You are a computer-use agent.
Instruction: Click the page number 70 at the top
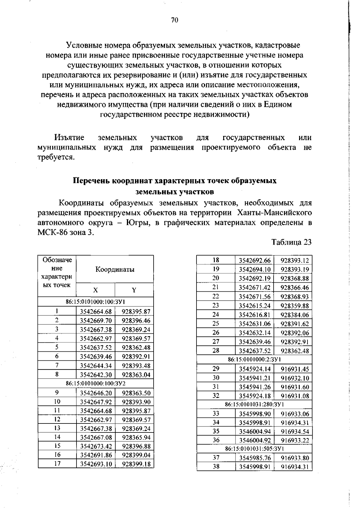(x=175, y=20)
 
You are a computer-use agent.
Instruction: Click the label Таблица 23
(x=292, y=242)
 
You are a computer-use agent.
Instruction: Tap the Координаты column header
(x=115, y=269)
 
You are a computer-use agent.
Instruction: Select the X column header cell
(x=95, y=290)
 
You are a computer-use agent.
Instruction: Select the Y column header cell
(x=134, y=290)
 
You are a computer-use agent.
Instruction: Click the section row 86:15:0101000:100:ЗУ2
(x=95, y=384)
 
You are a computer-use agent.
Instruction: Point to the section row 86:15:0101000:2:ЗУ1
(x=254, y=359)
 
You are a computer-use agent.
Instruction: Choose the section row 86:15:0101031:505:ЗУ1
(x=254, y=449)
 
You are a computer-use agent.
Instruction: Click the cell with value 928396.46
(x=136, y=321)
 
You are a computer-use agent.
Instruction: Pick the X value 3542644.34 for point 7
(x=96, y=366)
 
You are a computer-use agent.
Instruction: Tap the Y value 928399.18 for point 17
(x=136, y=464)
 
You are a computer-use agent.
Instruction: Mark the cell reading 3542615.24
(x=254, y=306)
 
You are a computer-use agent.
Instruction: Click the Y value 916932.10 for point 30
(x=295, y=378)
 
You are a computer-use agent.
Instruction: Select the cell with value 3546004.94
(x=254, y=432)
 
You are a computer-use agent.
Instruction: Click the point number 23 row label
(x=216, y=306)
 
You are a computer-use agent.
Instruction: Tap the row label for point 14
(x=57, y=437)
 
